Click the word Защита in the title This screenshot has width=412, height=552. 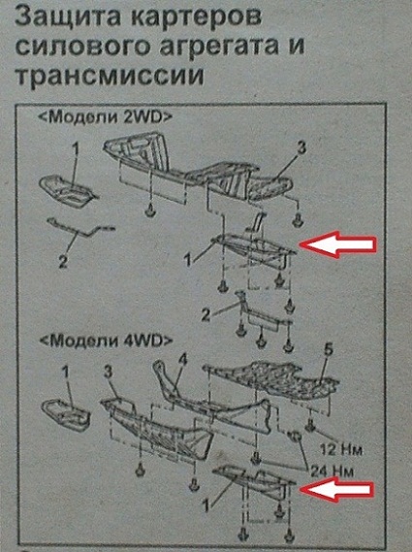pyautogui.click(x=69, y=16)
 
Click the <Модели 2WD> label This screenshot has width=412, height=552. pyautogui.click(x=106, y=117)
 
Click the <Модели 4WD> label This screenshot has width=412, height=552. pyautogui.click(x=107, y=341)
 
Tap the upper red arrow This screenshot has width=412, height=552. pyautogui.click(x=337, y=244)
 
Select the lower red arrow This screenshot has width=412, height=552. pyautogui.click(x=336, y=489)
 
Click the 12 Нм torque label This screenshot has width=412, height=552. pyautogui.click(x=340, y=449)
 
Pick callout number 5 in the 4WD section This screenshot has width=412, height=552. pyautogui.click(x=328, y=351)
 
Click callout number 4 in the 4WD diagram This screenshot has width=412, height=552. pyautogui.click(x=183, y=360)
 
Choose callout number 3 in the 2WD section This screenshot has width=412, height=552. pyautogui.click(x=301, y=149)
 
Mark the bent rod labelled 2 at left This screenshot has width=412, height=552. pyautogui.click(x=80, y=228)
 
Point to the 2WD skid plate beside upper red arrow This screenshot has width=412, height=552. pyautogui.click(x=252, y=250)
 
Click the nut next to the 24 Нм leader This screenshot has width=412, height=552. pyautogui.click(x=295, y=437)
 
